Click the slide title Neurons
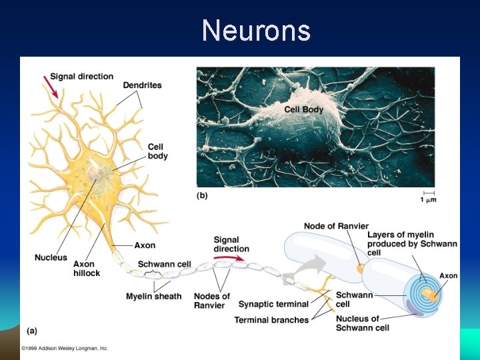[256, 31]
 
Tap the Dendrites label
[142, 85]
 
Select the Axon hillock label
[87, 268]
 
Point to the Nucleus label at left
[51, 257]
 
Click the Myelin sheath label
[153, 296]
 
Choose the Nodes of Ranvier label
[212, 301]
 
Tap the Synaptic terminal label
[273, 305]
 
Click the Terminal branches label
[271, 320]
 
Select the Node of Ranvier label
[336, 226]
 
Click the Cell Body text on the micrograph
[303, 109]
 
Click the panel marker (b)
[203, 196]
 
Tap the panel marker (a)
[32, 331]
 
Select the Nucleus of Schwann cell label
[357, 323]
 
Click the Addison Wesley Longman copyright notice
[64, 349]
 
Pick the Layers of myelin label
[412, 243]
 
